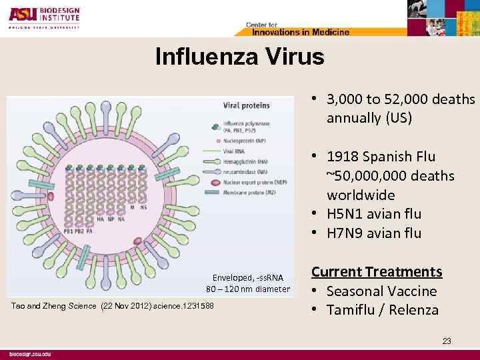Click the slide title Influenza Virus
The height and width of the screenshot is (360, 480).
(239, 57)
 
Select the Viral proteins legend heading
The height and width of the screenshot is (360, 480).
(246, 105)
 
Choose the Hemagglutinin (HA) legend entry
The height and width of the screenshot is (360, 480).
(253, 162)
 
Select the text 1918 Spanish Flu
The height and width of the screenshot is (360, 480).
(381, 157)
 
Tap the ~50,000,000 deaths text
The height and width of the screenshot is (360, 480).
(390, 176)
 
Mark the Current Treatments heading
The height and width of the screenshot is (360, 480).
(377, 272)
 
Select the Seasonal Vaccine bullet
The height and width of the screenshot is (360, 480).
(381, 291)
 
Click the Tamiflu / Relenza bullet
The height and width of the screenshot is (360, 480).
(382, 310)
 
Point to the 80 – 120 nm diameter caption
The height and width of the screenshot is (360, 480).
(248, 289)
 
